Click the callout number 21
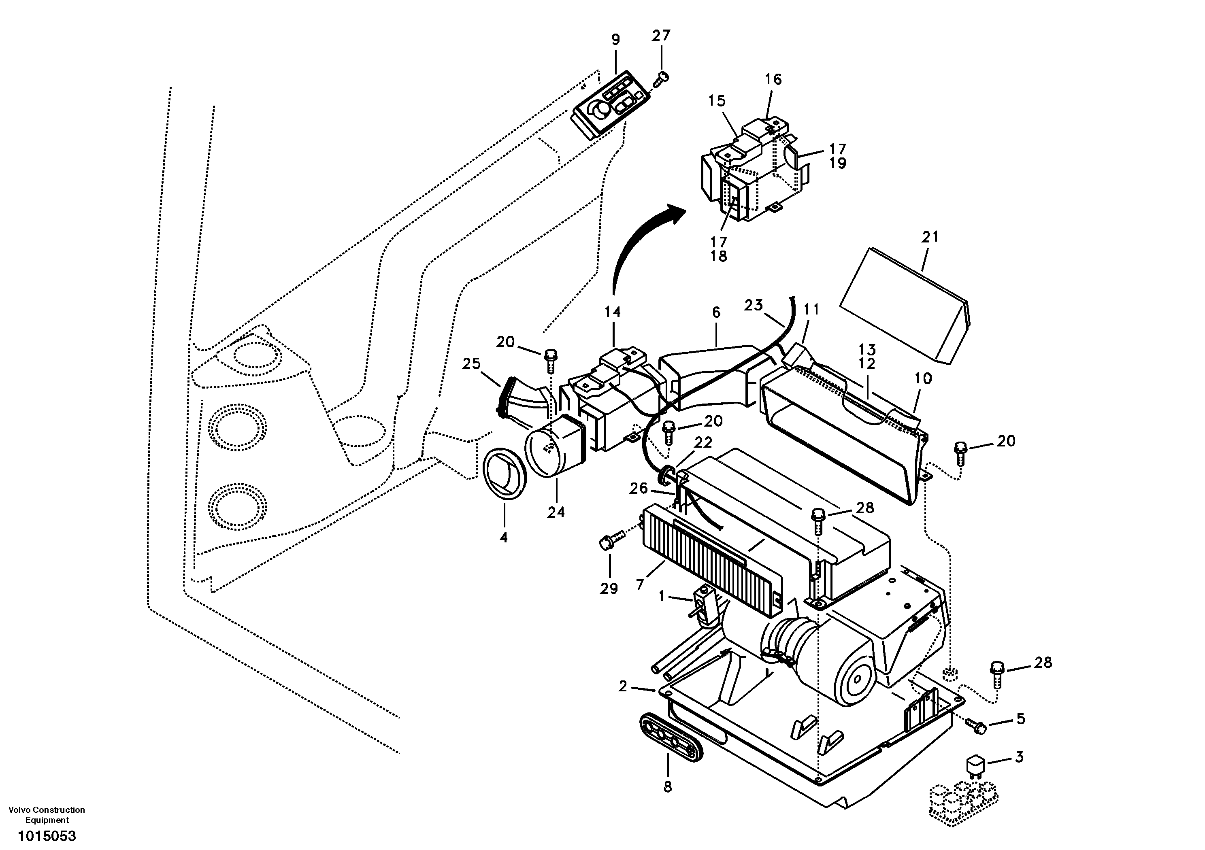point(930,237)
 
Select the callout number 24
point(556,512)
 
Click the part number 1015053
point(47,836)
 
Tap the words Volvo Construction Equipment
point(47,815)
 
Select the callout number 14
point(613,312)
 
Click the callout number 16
point(773,79)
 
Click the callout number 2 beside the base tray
point(623,686)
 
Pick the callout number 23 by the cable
point(753,305)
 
